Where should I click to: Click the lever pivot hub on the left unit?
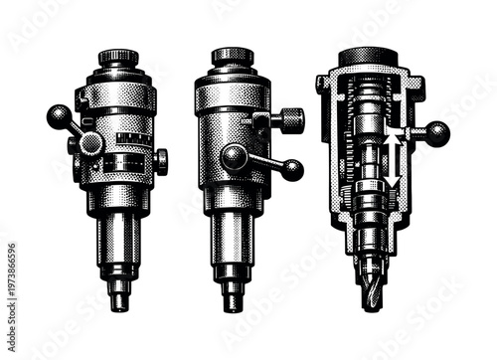coord(90,144)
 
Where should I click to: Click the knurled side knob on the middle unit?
coord(290,121)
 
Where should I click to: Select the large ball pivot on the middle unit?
coord(236,157)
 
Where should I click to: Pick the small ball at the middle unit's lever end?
coord(291,170)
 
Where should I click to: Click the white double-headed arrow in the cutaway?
coord(393,157)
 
